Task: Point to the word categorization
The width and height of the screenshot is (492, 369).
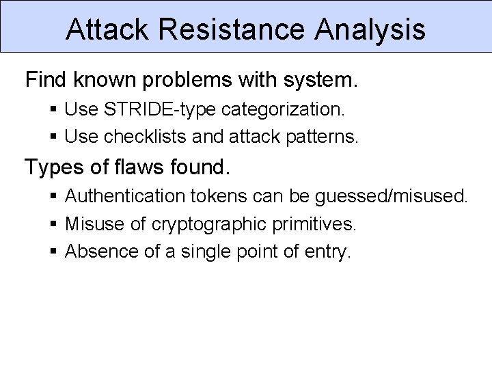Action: tap(287, 109)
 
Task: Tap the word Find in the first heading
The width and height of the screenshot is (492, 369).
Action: tap(46, 80)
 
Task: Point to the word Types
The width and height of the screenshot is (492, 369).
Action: tap(53, 167)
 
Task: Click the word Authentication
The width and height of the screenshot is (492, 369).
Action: tap(125, 196)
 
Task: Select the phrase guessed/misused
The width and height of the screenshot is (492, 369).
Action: tap(391, 197)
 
